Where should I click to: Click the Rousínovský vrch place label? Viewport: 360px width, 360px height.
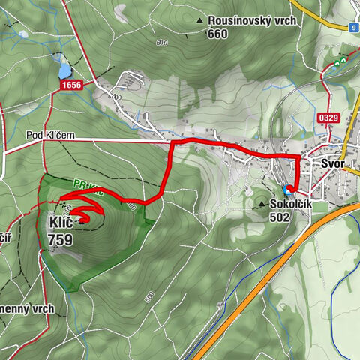(x=253, y=21)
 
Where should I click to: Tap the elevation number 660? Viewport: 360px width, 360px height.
(x=217, y=34)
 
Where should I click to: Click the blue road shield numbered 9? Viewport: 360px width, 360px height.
(x=353, y=28)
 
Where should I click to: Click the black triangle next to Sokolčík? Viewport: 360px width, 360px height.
(x=262, y=204)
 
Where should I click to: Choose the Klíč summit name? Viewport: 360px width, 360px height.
(x=61, y=223)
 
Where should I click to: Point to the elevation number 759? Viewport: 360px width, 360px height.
(x=60, y=240)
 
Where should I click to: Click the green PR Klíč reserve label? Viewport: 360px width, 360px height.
(x=86, y=183)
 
